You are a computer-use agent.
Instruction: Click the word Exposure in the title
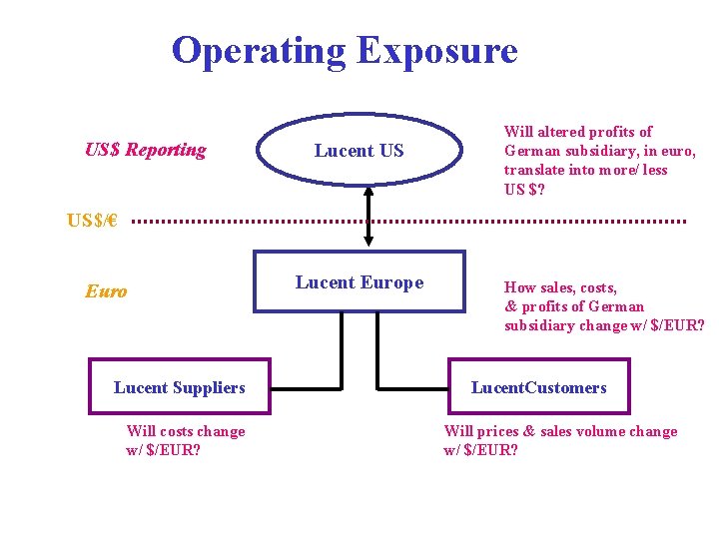click(436, 51)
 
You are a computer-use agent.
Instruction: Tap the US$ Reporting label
click(146, 151)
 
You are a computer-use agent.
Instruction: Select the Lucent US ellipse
click(359, 151)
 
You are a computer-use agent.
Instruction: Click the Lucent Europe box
click(359, 282)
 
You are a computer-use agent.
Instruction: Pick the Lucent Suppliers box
click(180, 387)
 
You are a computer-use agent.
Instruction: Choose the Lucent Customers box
click(538, 387)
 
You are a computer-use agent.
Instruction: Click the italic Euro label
click(106, 291)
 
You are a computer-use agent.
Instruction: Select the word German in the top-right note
click(532, 151)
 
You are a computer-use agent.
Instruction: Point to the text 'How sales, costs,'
click(560, 287)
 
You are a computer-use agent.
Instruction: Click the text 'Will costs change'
click(186, 431)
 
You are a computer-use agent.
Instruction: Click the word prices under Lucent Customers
click(499, 431)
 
